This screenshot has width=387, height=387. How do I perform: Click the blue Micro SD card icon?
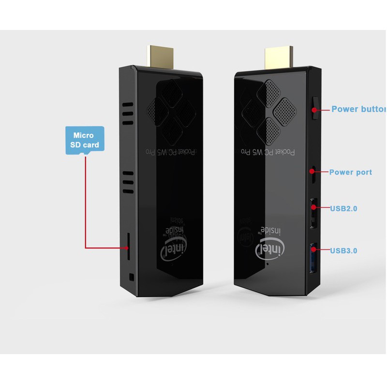click(x=85, y=140)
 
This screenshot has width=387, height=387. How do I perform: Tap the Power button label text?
click(x=358, y=109)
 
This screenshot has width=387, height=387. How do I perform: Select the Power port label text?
click(x=351, y=172)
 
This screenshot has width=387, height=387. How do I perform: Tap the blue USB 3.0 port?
click(x=313, y=257)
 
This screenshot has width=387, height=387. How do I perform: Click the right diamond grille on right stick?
click(x=284, y=109)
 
